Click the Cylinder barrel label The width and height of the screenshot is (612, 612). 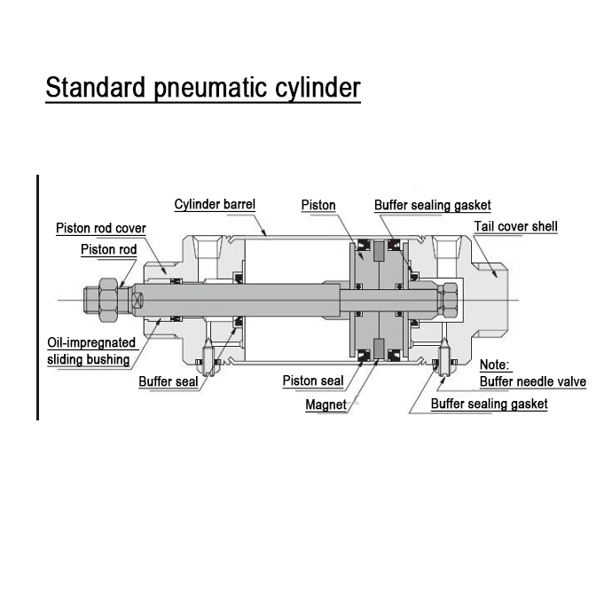coord(215,205)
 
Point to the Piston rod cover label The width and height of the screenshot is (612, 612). coord(100,228)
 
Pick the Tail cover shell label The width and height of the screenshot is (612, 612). coord(515,226)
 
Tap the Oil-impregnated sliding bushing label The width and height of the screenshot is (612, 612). coord(91,350)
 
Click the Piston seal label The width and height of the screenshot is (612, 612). coord(313,381)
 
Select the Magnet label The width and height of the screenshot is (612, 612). coord(326,404)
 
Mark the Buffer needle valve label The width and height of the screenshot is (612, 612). coord(532,381)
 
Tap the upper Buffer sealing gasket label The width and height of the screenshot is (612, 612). coord(432,205)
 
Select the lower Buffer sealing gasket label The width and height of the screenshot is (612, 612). coord(489,404)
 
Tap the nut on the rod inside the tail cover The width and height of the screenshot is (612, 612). coord(449,302)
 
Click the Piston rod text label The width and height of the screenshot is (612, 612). coord(108,249)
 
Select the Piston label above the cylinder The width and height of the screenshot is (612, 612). coord(318,205)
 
